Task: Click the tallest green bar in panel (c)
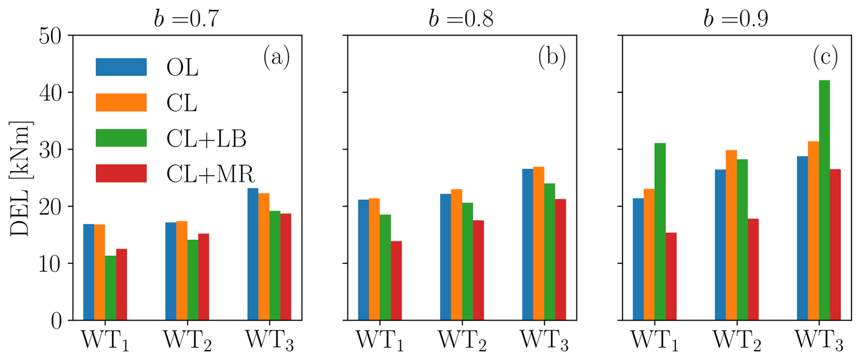point(824,200)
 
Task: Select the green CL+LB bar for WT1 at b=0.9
point(660,232)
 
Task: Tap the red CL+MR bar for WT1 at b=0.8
point(396,280)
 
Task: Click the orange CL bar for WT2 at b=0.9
point(731,235)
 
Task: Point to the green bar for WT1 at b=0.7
point(111,288)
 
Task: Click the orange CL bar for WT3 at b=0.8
point(538,243)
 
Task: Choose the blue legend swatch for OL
point(121,67)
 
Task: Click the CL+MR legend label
point(210,174)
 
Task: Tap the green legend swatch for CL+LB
point(121,138)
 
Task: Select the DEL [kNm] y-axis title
point(20,178)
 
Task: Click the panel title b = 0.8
point(461,19)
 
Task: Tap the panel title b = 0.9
point(736,19)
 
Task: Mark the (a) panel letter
point(276,57)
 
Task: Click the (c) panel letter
point(825,57)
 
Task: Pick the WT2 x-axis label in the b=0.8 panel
point(462,340)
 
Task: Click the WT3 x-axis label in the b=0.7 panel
point(269,340)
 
